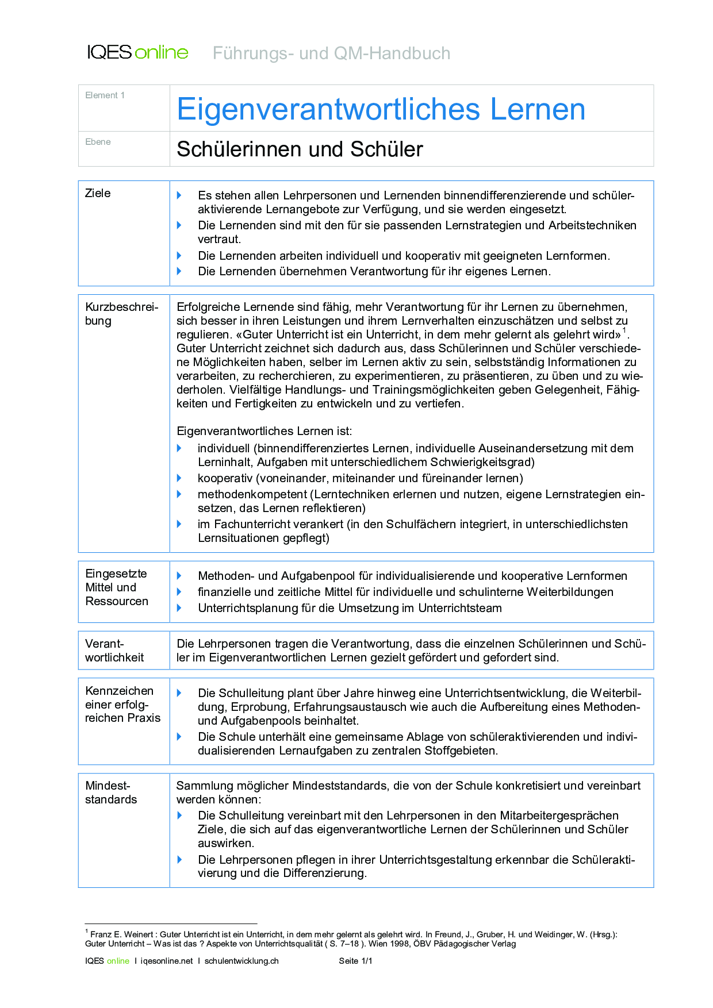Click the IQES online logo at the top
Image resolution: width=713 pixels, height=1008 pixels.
(x=137, y=52)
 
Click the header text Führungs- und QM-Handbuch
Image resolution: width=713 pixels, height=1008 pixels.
(x=331, y=53)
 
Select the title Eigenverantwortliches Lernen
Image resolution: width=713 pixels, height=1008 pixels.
(x=381, y=109)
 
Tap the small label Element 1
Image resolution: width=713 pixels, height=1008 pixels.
(x=105, y=95)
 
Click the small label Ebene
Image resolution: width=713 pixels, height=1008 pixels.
(x=98, y=142)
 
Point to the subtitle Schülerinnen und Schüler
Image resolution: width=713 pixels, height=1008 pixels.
(x=300, y=149)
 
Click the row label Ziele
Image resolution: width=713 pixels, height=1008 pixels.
(x=98, y=193)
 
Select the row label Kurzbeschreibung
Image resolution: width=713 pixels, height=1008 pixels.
(x=121, y=314)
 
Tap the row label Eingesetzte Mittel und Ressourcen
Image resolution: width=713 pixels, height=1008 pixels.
(x=117, y=587)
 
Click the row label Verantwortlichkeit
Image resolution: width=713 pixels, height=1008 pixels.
(x=114, y=651)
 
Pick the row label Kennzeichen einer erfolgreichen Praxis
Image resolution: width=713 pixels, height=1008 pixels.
(x=122, y=704)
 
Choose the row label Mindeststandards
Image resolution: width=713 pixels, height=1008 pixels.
(x=111, y=792)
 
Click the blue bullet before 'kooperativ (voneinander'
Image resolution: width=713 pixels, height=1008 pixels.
(x=179, y=478)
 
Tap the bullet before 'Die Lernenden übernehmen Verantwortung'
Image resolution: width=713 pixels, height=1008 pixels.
(x=179, y=271)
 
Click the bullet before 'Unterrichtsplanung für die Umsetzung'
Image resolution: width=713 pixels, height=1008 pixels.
(x=179, y=608)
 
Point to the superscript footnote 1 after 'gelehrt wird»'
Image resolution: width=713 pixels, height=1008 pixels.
(x=625, y=330)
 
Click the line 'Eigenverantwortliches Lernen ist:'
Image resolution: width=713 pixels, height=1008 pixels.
(x=264, y=431)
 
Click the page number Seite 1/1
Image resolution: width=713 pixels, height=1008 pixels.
(x=355, y=961)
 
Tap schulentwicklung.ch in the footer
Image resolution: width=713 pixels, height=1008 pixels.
(x=241, y=961)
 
